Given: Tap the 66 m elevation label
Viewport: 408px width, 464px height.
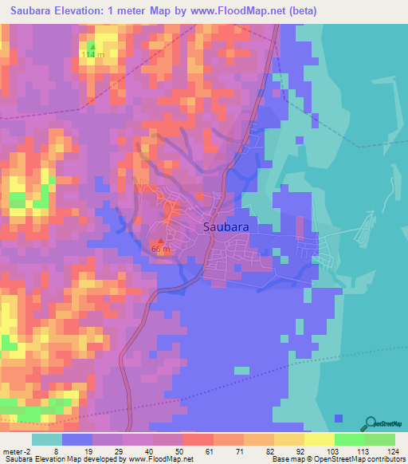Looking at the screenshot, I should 160,250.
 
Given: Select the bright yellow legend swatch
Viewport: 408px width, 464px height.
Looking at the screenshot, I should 320,439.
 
